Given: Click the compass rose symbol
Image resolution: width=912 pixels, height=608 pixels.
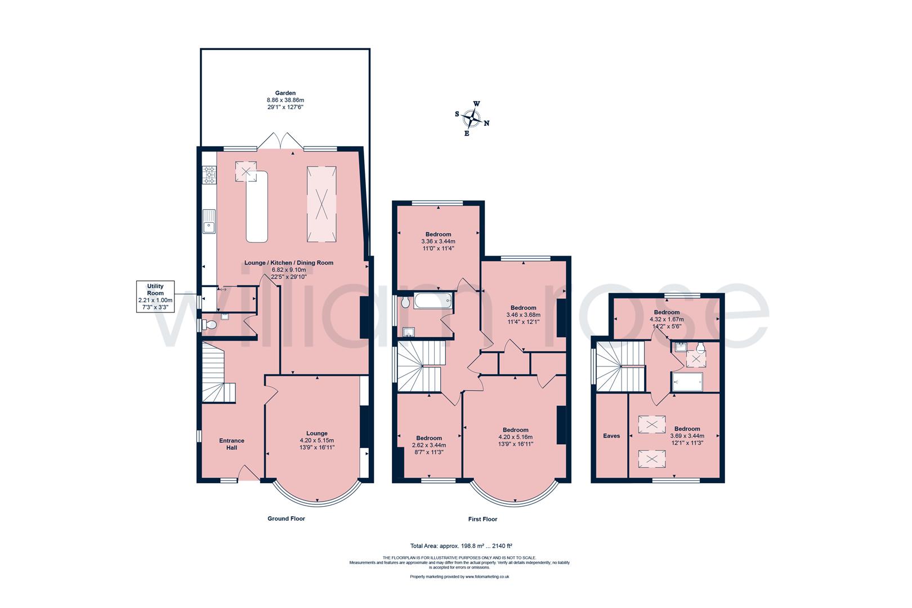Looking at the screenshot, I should click(472, 118).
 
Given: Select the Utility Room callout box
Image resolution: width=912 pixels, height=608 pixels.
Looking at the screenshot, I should click(155, 297).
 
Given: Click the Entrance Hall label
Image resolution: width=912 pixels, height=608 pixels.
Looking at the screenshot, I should click(231, 444).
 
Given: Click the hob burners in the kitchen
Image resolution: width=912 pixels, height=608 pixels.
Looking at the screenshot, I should click(210, 175).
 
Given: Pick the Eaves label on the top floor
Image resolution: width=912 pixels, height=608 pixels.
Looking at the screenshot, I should click(611, 436).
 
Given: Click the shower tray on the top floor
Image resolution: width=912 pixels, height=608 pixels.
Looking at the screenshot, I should click(687, 382).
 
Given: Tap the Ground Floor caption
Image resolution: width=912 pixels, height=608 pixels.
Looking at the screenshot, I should click(285, 518).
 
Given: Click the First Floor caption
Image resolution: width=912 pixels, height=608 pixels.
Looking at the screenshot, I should click(482, 519).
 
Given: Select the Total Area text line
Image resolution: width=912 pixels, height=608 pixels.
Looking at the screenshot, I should click(461, 546).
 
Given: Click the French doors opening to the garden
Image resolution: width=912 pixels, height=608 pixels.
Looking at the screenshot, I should click(280, 141).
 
